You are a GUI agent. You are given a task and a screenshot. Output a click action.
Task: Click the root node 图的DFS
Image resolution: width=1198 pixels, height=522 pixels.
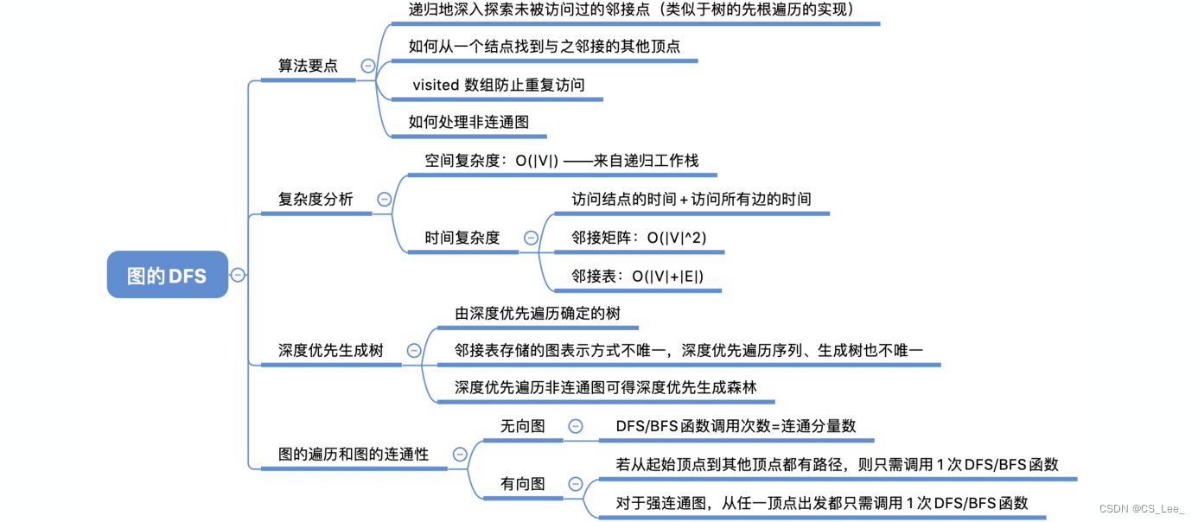click(x=167, y=275)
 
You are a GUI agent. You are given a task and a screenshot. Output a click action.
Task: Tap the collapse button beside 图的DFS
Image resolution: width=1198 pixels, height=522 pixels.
click(x=238, y=275)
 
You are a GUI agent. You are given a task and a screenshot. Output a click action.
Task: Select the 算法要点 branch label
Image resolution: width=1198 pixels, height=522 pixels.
click(x=308, y=66)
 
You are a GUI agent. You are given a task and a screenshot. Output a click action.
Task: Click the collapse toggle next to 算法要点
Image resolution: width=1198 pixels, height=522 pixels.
click(x=368, y=66)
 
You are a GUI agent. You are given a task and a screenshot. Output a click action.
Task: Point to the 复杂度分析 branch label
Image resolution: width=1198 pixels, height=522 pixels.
click(x=315, y=199)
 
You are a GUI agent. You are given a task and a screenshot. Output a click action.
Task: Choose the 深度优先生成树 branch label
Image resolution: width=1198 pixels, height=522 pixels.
click(x=330, y=350)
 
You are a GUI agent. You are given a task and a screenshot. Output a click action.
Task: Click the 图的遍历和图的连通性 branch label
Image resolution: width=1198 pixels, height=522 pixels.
click(x=353, y=454)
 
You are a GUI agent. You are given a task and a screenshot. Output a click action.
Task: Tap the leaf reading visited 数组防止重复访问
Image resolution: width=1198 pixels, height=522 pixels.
click(x=499, y=85)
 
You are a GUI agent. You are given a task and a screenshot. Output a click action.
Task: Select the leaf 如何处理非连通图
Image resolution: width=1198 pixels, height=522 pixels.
click(x=468, y=122)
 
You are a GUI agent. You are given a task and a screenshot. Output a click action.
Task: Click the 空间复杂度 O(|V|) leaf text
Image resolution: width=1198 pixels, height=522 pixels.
click(x=561, y=161)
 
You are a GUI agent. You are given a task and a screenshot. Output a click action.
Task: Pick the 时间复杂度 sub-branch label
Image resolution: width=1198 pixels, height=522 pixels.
click(x=462, y=237)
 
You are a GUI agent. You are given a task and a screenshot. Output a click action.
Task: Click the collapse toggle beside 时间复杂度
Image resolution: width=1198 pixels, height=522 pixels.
click(x=531, y=238)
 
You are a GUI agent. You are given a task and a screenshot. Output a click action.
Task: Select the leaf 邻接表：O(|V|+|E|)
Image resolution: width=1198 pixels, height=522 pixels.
click(x=637, y=276)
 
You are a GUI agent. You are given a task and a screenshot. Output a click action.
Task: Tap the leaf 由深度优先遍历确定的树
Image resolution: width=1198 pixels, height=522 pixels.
click(x=538, y=313)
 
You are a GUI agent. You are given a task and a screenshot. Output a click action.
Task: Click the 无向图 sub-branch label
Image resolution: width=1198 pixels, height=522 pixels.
click(x=522, y=426)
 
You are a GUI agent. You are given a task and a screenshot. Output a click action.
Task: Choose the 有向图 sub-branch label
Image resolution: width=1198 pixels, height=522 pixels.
click(x=522, y=483)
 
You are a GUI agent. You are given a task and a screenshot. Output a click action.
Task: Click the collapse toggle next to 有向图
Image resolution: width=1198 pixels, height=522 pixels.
click(x=574, y=483)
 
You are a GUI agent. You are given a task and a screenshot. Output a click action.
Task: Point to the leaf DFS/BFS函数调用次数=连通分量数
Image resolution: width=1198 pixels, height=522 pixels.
click(x=736, y=426)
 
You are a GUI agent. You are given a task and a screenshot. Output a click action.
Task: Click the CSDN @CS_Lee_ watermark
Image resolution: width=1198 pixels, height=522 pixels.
click(x=1142, y=509)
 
